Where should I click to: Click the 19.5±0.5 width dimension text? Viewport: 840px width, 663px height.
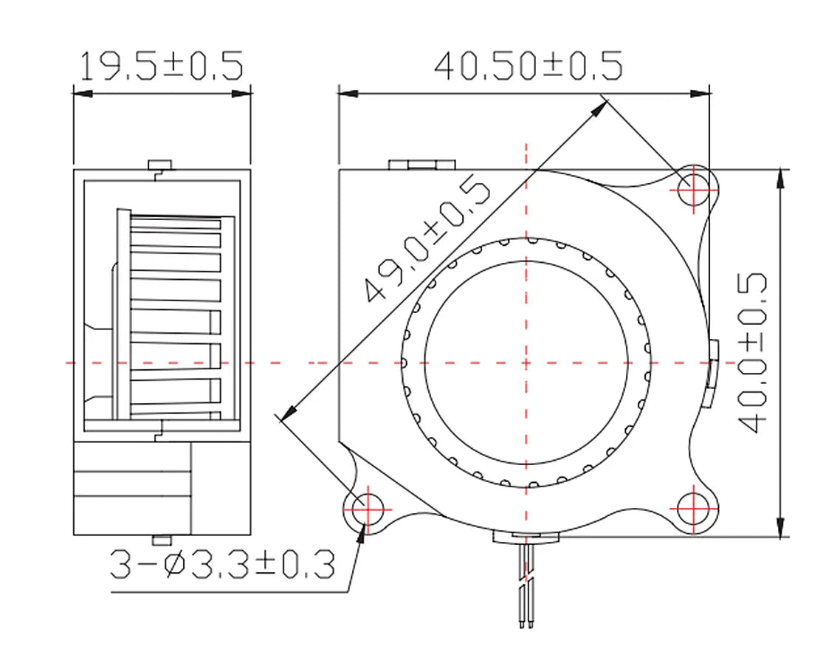(161, 66)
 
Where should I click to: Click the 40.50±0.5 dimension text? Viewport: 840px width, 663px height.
(528, 66)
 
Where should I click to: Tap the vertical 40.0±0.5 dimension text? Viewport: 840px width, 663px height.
(752, 353)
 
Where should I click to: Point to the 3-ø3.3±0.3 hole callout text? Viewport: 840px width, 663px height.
(222, 566)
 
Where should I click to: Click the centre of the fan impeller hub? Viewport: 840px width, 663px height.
(526, 363)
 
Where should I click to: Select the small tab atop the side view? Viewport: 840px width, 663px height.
(159, 164)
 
